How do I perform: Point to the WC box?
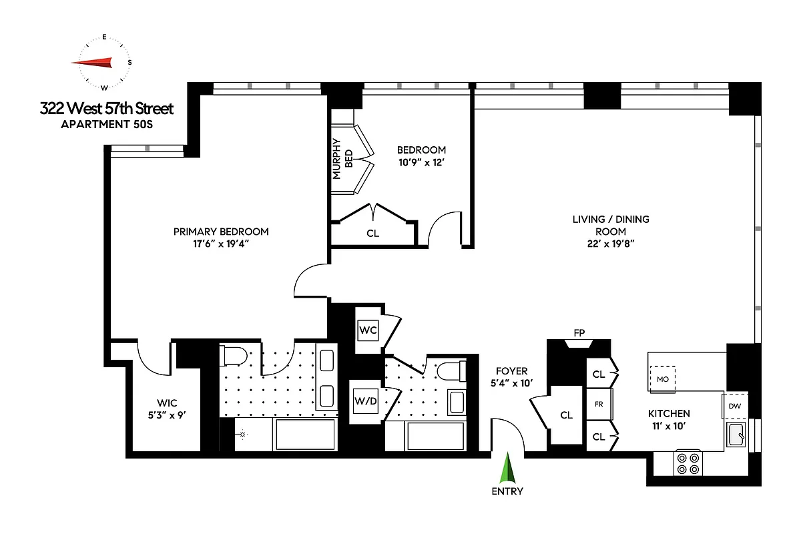tap(368, 330)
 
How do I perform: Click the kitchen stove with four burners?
tap(688, 463)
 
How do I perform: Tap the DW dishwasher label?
tap(735, 406)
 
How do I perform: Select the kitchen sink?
tap(737, 435)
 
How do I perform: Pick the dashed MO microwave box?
tap(662, 378)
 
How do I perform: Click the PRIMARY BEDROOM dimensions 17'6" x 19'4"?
tap(221, 244)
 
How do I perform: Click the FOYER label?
tap(512, 371)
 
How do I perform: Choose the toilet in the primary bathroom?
tap(233, 355)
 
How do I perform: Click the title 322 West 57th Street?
tap(107, 108)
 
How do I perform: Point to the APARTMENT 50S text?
tap(107, 125)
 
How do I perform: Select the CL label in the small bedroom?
tap(372, 234)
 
